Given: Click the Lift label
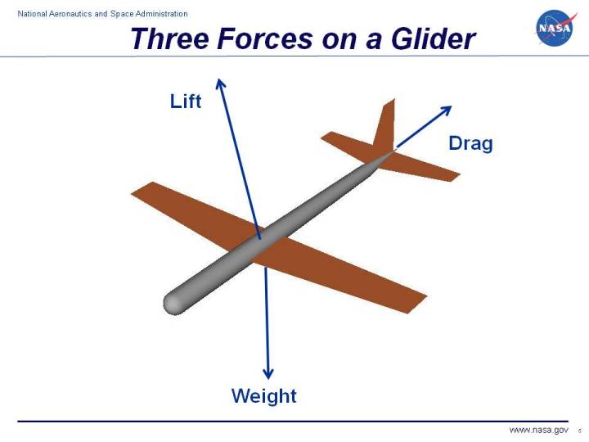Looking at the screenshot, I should click(x=186, y=101).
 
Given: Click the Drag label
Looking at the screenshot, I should click(x=470, y=144).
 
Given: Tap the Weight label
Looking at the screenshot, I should click(x=263, y=396).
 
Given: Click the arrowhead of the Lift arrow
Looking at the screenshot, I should click(x=219, y=82).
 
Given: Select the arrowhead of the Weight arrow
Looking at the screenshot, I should click(x=267, y=372).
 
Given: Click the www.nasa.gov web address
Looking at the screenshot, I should click(x=538, y=430).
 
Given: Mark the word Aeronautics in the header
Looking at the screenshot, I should click(x=82, y=14).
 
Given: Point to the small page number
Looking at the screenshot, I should click(x=578, y=431).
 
